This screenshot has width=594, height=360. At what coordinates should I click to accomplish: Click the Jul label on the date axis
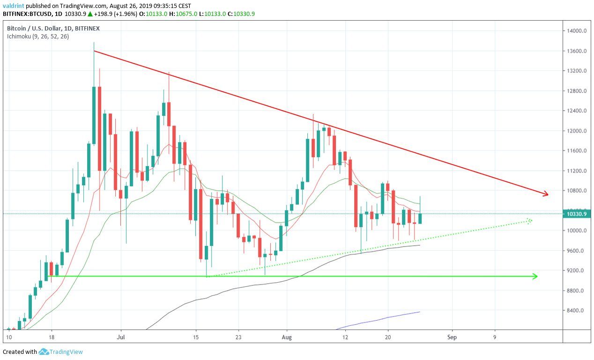tap(121, 337)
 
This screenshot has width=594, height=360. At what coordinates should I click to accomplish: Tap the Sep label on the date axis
tap(452, 337)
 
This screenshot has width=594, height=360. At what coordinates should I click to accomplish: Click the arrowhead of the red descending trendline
tap(546, 194)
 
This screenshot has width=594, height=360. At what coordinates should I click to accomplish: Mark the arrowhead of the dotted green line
tap(530, 220)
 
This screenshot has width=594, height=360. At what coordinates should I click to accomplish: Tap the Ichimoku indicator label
tap(38, 36)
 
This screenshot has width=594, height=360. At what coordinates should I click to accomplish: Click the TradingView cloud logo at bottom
tap(44, 352)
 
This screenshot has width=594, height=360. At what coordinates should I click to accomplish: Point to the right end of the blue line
tap(419, 312)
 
